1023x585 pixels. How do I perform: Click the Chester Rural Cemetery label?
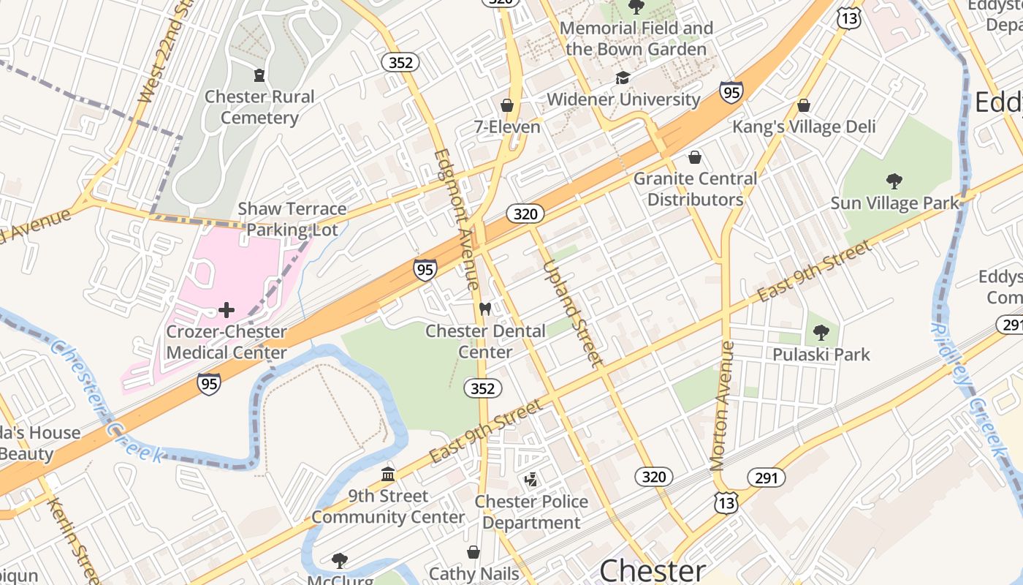coord(259,107)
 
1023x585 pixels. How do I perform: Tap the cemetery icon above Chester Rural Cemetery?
coord(259,75)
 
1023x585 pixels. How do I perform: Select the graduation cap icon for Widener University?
coord(623,78)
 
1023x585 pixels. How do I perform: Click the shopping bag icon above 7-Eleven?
coord(507,105)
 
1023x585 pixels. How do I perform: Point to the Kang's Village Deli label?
coord(804,127)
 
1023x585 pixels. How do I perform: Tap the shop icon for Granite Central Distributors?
coord(695,157)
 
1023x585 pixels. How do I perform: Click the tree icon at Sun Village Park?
coord(894,181)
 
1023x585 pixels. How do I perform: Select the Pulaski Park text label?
coord(821,355)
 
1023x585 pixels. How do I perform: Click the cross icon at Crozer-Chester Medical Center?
coord(227,310)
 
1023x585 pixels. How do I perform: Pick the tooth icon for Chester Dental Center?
coord(484,309)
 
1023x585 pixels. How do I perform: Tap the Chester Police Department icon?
coord(531,480)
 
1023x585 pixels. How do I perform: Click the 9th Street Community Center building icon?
coord(388,475)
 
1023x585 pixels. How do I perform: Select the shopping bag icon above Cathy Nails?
coord(474,551)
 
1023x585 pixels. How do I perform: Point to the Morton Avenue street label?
coord(722,406)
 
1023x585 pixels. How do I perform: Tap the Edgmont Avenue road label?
coord(457,219)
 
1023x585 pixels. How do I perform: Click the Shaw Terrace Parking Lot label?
coord(292,219)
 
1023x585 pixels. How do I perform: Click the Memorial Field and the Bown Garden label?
coord(636,39)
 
